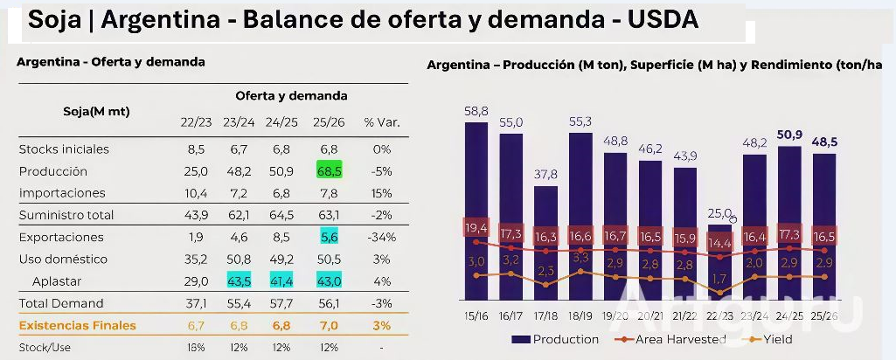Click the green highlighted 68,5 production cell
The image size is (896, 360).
coord(330,171)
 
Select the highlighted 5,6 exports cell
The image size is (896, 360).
coord(330,237)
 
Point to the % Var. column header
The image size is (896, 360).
coord(381,122)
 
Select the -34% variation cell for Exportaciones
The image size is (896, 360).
coord(381,237)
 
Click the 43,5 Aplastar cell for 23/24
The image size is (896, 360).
coord(239,281)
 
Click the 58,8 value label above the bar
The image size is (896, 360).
coord(476,111)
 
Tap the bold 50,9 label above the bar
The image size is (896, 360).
coord(788,135)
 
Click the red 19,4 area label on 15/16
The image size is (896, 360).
coord(476,227)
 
